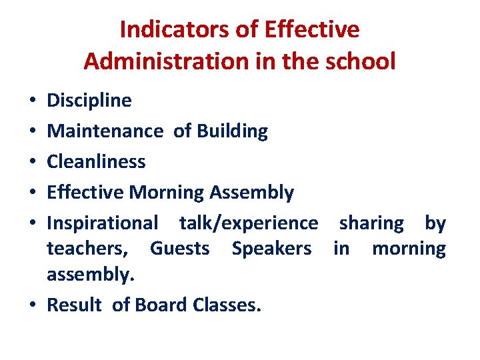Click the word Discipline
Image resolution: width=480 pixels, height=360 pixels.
[89, 101]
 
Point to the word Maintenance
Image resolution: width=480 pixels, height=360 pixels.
[105, 131]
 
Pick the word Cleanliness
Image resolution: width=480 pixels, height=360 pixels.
[96, 162]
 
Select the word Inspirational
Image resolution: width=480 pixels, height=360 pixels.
[103, 223]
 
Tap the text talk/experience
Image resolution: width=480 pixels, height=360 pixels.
[249, 223]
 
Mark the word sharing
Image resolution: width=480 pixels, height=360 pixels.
[371, 223]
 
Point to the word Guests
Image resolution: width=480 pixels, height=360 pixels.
[179, 249]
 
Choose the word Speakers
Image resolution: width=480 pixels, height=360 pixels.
[271, 249]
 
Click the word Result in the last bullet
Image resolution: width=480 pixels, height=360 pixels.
[74, 305]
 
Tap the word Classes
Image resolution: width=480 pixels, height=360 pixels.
[227, 305]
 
